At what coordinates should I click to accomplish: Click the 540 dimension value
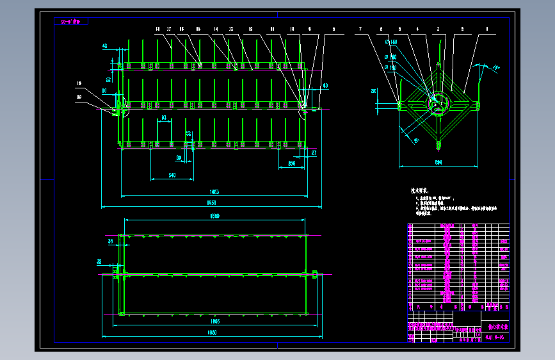coord(172,175)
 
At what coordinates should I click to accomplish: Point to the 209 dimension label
coord(296,163)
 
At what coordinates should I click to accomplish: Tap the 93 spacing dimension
coord(164,118)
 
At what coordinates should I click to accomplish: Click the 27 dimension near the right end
coord(314,153)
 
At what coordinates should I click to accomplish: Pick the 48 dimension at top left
coord(104,45)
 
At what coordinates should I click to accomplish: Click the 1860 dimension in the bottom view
coord(212,332)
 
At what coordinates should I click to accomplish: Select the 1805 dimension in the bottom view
coord(214,321)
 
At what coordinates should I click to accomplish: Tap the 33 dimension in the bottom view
coord(99,261)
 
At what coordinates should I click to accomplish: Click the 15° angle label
coord(497,67)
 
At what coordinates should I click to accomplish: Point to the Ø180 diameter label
coord(390,42)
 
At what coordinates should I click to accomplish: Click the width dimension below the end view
coord(438,163)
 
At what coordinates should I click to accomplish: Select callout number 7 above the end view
coord(360,29)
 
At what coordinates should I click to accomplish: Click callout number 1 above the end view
coord(487,29)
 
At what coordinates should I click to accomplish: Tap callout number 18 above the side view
coord(182,29)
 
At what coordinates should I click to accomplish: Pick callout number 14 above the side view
coord(216,29)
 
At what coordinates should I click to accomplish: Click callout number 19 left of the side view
coord(79,83)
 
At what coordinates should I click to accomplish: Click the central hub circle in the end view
coord(438,103)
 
